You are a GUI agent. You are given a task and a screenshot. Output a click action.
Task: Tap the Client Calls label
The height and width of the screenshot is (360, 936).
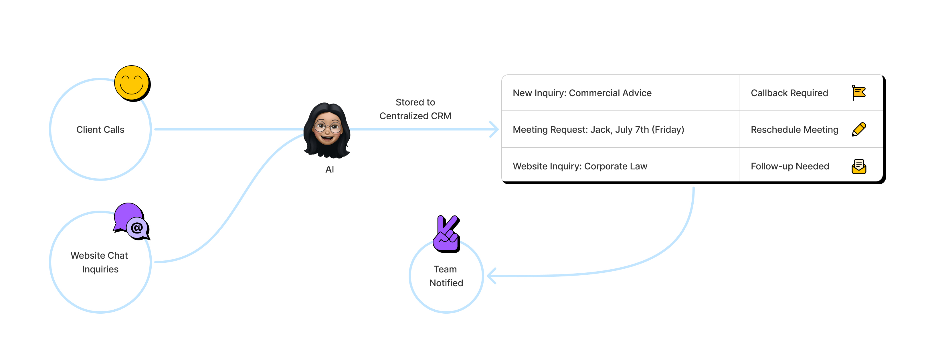pos(100,130)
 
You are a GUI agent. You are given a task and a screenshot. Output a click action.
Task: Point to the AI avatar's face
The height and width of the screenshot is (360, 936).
pos(327,129)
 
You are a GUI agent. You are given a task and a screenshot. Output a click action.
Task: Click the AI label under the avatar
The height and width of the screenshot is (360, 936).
pos(330,169)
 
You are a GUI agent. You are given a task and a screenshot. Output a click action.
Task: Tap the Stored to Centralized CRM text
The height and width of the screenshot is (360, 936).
pos(415,109)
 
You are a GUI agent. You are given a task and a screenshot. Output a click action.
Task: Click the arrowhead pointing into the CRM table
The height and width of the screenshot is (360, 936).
pos(494,129)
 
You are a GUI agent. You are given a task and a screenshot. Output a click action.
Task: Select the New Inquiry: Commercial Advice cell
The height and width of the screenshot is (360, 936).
pos(582,93)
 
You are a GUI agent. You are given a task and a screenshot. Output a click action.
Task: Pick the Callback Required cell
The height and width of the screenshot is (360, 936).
pos(789,93)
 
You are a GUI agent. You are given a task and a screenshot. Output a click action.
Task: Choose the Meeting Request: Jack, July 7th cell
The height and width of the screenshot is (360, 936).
pos(598,130)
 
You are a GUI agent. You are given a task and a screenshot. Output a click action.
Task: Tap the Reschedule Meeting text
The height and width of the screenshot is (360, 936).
pos(794,130)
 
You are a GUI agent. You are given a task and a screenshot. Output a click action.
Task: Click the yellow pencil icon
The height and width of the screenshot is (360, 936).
pos(859,129)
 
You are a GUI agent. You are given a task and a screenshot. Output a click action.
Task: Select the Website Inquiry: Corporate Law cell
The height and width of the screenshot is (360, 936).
pos(580,166)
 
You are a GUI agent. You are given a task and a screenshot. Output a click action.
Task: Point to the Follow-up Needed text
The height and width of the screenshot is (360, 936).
pos(790,166)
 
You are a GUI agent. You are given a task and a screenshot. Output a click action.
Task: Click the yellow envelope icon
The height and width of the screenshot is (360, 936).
pos(859,166)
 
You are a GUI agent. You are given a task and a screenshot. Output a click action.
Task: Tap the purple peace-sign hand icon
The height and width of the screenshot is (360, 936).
pos(446,234)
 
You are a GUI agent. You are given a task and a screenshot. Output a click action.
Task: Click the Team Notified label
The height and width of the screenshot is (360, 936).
pos(446,276)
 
